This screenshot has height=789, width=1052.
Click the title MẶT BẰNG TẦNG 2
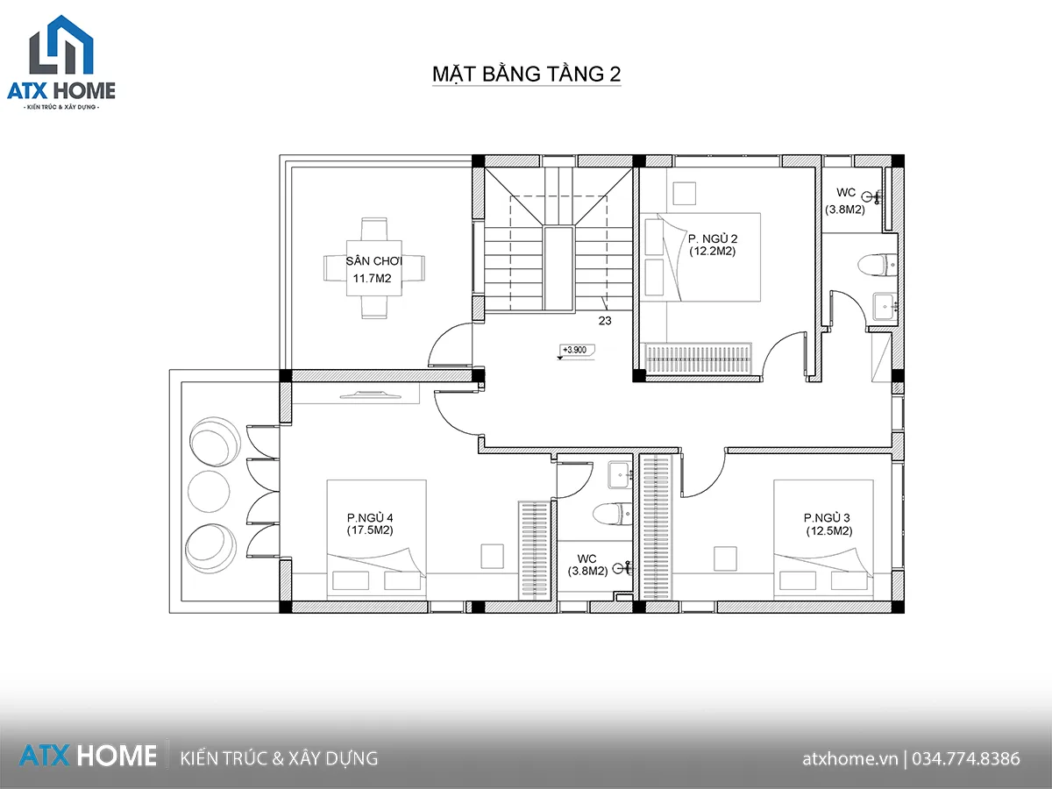(526, 74)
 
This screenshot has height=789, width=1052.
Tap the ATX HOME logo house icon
(61, 45)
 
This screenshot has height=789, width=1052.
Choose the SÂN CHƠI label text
(373, 261)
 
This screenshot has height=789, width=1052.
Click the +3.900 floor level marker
(576, 351)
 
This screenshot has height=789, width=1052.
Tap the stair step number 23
(605, 321)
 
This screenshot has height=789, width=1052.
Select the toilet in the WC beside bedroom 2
(876, 266)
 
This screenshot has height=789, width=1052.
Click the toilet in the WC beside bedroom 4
(612, 514)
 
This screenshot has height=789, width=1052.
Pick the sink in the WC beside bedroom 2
(885, 307)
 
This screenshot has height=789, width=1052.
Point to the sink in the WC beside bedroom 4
(620, 475)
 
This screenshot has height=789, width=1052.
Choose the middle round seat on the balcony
(209, 491)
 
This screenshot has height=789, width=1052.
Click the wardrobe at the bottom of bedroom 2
(698, 358)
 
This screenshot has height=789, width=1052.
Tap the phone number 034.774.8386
(966, 759)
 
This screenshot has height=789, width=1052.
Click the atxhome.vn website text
(849, 759)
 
